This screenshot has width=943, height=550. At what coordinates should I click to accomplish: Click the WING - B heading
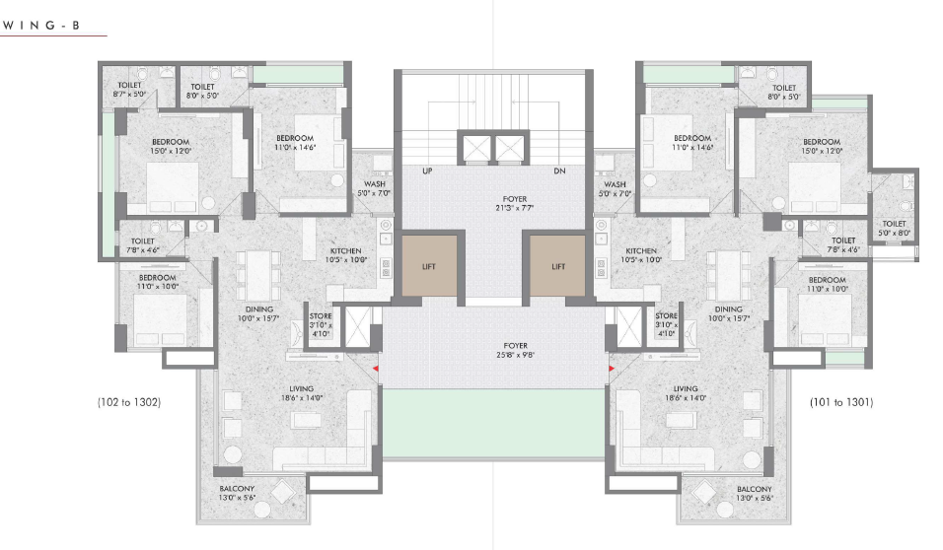(40, 26)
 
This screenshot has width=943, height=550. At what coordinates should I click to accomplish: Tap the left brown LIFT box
(429, 266)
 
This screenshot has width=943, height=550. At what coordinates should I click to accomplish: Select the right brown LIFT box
(557, 266)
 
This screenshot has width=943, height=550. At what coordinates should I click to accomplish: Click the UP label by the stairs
(427, 172)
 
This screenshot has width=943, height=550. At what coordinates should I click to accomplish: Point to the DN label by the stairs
(559, 172)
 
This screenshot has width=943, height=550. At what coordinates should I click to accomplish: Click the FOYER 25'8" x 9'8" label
(516, 351)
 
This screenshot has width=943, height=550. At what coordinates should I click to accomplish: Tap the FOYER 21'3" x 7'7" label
(515, 203)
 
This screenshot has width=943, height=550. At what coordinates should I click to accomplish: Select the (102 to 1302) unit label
(129, 402)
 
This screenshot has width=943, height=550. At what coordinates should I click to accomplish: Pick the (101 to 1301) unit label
(841, 402)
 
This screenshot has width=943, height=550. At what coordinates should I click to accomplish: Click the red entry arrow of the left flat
(375, 369)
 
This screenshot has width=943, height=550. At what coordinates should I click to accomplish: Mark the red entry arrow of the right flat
(611, 369)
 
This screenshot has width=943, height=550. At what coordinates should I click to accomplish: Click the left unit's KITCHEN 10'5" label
(346, 255)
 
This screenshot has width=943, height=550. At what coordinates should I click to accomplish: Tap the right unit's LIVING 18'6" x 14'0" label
(686, 393)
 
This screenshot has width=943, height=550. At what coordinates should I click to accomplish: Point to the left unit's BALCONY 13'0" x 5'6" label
(237, 493)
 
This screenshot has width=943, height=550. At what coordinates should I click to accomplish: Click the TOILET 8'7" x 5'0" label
(129, 90)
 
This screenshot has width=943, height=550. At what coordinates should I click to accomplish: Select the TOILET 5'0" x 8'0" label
(895, 229)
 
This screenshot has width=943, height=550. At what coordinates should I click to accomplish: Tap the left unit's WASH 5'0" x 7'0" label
(374, 188)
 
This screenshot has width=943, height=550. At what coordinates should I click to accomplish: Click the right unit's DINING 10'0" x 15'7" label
(728, 313)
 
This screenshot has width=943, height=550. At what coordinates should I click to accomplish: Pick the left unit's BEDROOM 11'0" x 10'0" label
(158, 282)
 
